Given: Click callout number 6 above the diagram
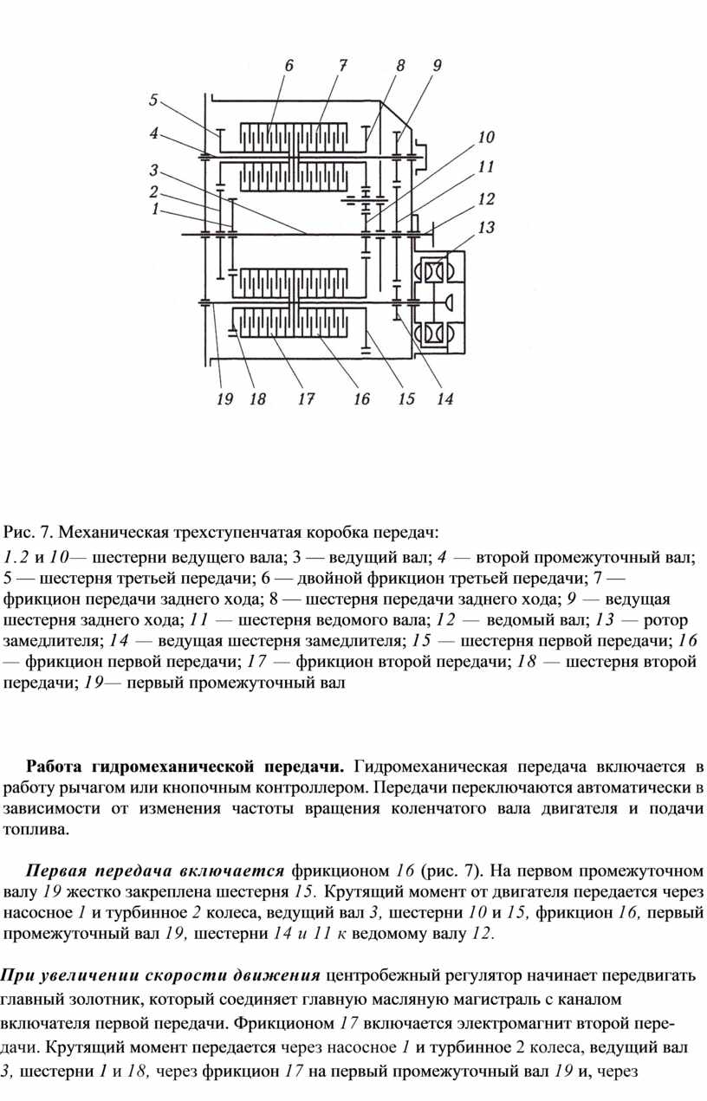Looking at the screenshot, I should [289, 65].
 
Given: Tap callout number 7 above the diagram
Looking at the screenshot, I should [342, 65].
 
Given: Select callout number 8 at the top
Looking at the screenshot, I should [400, 65].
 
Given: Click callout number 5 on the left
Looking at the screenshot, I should [153, 100].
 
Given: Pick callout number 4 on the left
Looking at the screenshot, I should [153, 133].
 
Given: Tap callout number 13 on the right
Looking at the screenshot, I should [486, 228].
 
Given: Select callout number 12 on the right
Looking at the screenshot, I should [486, 200].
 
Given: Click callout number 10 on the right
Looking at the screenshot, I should [485, 137].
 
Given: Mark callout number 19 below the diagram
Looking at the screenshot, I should [224, 399].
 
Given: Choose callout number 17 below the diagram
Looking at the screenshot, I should [305, 399].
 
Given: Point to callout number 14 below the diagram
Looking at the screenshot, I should [444, 399].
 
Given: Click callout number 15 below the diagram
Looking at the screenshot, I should [406, 399].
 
